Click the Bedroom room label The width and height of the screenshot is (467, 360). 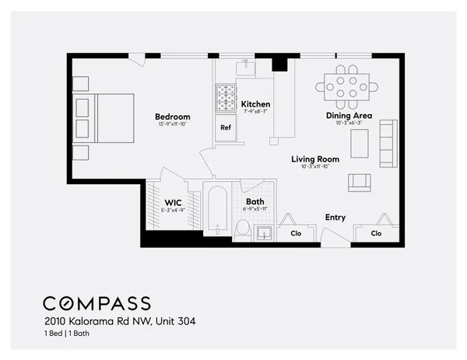173,117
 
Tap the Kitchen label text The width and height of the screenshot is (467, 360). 255,104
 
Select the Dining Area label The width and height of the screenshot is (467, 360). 348,116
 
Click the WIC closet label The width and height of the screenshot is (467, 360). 173,201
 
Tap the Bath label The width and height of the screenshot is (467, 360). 255,201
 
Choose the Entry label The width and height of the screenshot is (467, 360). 335,218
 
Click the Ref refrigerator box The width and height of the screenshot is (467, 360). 226,128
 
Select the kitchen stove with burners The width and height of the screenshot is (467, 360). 226,99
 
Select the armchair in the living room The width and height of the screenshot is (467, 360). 359,182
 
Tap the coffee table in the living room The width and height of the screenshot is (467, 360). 359,143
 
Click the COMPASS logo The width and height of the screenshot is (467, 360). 97,302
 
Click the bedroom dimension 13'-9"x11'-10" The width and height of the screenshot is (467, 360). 173,124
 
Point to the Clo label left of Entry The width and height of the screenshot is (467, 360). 296,232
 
